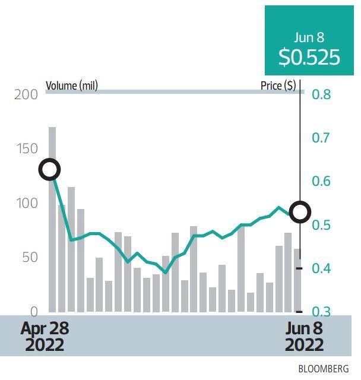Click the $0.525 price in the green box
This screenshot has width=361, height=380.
[x=309, y=57]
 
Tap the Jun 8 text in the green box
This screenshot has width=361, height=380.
[x=309, y=37]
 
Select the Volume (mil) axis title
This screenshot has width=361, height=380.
[x=72, y=85]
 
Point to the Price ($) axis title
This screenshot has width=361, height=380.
[x=278, y=85]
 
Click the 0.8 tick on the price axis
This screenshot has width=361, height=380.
[x=322, y=94]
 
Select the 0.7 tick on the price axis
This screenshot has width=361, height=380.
[x=322, y=138]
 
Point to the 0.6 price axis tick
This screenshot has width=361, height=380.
[x=322, y=181]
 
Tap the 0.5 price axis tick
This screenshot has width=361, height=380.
[x=322, y=225]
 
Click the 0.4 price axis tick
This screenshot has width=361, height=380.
[x=322, y=268]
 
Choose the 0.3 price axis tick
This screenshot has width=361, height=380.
[x=322, y=312]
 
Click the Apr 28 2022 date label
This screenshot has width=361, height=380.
[x=45, y=336]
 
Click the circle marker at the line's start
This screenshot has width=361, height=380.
[x=50, y=170]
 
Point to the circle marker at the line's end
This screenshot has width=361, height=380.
[x=300, y=211]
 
